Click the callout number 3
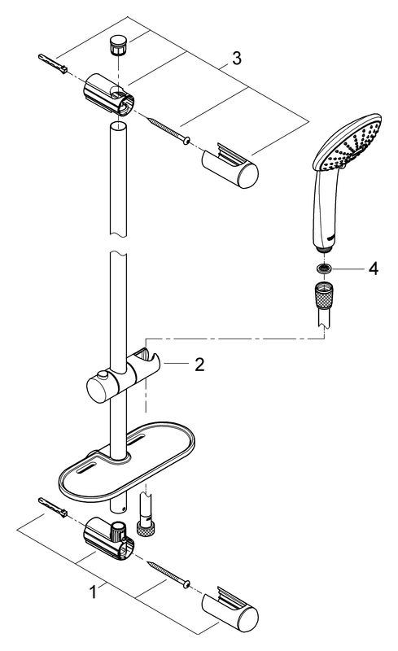coord(236,58)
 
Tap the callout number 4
coord(374,269)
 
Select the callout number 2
coord(200,365)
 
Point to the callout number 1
coord(94,592)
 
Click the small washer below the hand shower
coord(325,269)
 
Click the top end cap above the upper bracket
coord(118,45)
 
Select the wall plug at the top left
coord(53,63)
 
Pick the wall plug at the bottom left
coord(53,507)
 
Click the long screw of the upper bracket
coord(168,131)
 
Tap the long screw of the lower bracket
coord(168,574)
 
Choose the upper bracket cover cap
coord(230,165)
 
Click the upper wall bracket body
coord(109,94)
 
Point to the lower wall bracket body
coord(109,538)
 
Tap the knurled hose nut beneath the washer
coord(325,295)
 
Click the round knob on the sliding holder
coord(103,376)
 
